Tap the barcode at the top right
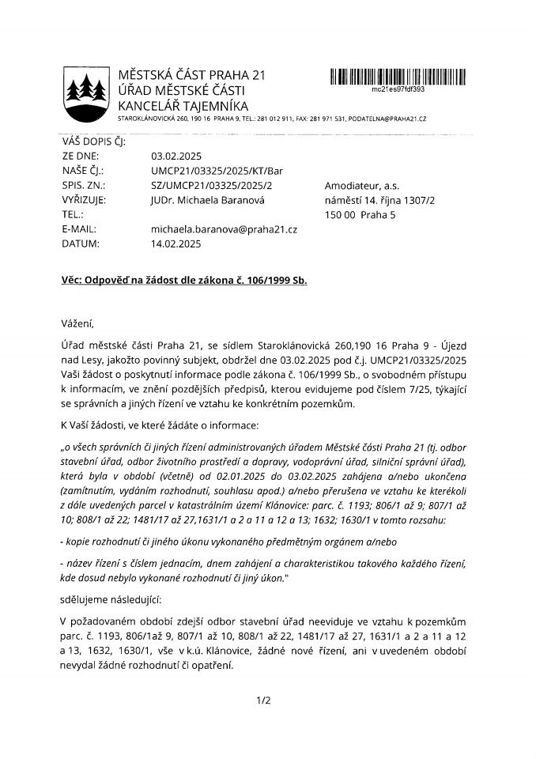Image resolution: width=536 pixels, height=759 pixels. click(x=397, y=77)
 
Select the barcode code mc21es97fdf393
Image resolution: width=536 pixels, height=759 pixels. click(x=398, y=89)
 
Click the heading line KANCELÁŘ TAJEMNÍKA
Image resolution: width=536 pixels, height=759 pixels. click(x=183, y=105)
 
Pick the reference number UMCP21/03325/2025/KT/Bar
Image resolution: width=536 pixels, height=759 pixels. click(x=216, y=171)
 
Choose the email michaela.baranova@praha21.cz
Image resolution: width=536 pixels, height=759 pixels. click(x=224, y=229)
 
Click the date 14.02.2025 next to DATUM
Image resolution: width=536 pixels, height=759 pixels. click(x=176, y=244)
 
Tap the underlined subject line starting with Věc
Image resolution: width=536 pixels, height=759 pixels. click(x=184, y=281)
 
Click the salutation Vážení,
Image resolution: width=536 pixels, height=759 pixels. click(x=77, y=323)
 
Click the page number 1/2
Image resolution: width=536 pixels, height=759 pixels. click(x=263, y=700)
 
